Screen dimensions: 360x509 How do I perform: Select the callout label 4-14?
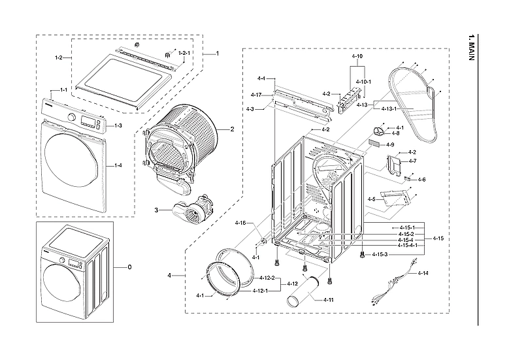click(423, 272)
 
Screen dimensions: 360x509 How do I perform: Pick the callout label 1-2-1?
click(185, 52)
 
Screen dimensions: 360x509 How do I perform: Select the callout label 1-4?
click(118, 165)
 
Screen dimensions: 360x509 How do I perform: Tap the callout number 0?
click(129, 267)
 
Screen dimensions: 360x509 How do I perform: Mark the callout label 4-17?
click(255, 95)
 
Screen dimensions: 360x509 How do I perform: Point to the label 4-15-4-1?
click(408, 246)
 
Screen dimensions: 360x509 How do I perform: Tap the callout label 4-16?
click(240, 223)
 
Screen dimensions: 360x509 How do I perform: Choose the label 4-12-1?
click(267, 291)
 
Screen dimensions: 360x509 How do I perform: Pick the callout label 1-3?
click(118, 125)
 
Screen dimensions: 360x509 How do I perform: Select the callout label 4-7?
click(412, 161)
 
